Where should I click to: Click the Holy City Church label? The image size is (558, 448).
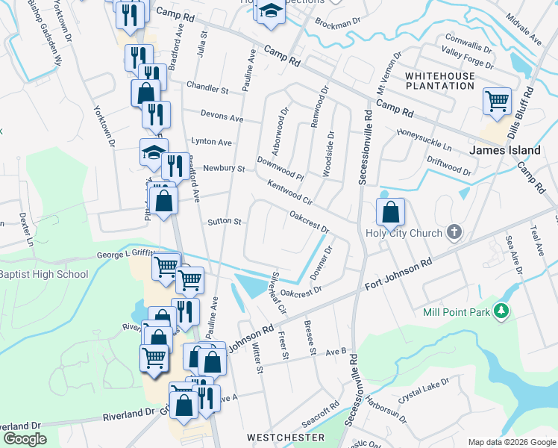[404, 233]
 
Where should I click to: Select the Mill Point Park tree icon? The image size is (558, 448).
[504, 309]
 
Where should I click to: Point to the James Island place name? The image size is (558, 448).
[504, 150]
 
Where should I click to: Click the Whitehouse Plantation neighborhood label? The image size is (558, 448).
[439, 81]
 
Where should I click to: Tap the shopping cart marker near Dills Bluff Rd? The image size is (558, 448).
[497, 101]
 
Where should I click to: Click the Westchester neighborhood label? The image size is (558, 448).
[286, 437]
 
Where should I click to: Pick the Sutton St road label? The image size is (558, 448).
[225, 222]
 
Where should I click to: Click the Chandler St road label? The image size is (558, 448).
[207, 89]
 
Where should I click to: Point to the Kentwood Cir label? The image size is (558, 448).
[288, 193]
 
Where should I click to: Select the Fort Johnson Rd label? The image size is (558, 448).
[399, 275]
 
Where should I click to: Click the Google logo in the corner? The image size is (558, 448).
[25, 438]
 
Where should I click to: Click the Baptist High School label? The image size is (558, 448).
[44, 274]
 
